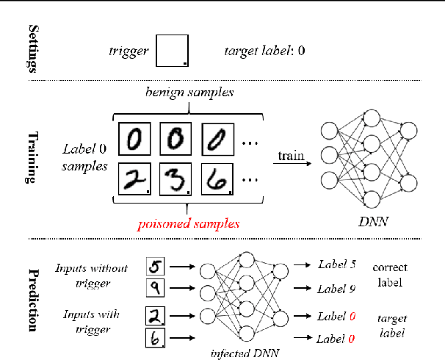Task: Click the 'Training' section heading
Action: pyautogui.click(x=32, y=157)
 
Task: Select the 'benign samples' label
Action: pyautogui.click(x=189, y=93)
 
